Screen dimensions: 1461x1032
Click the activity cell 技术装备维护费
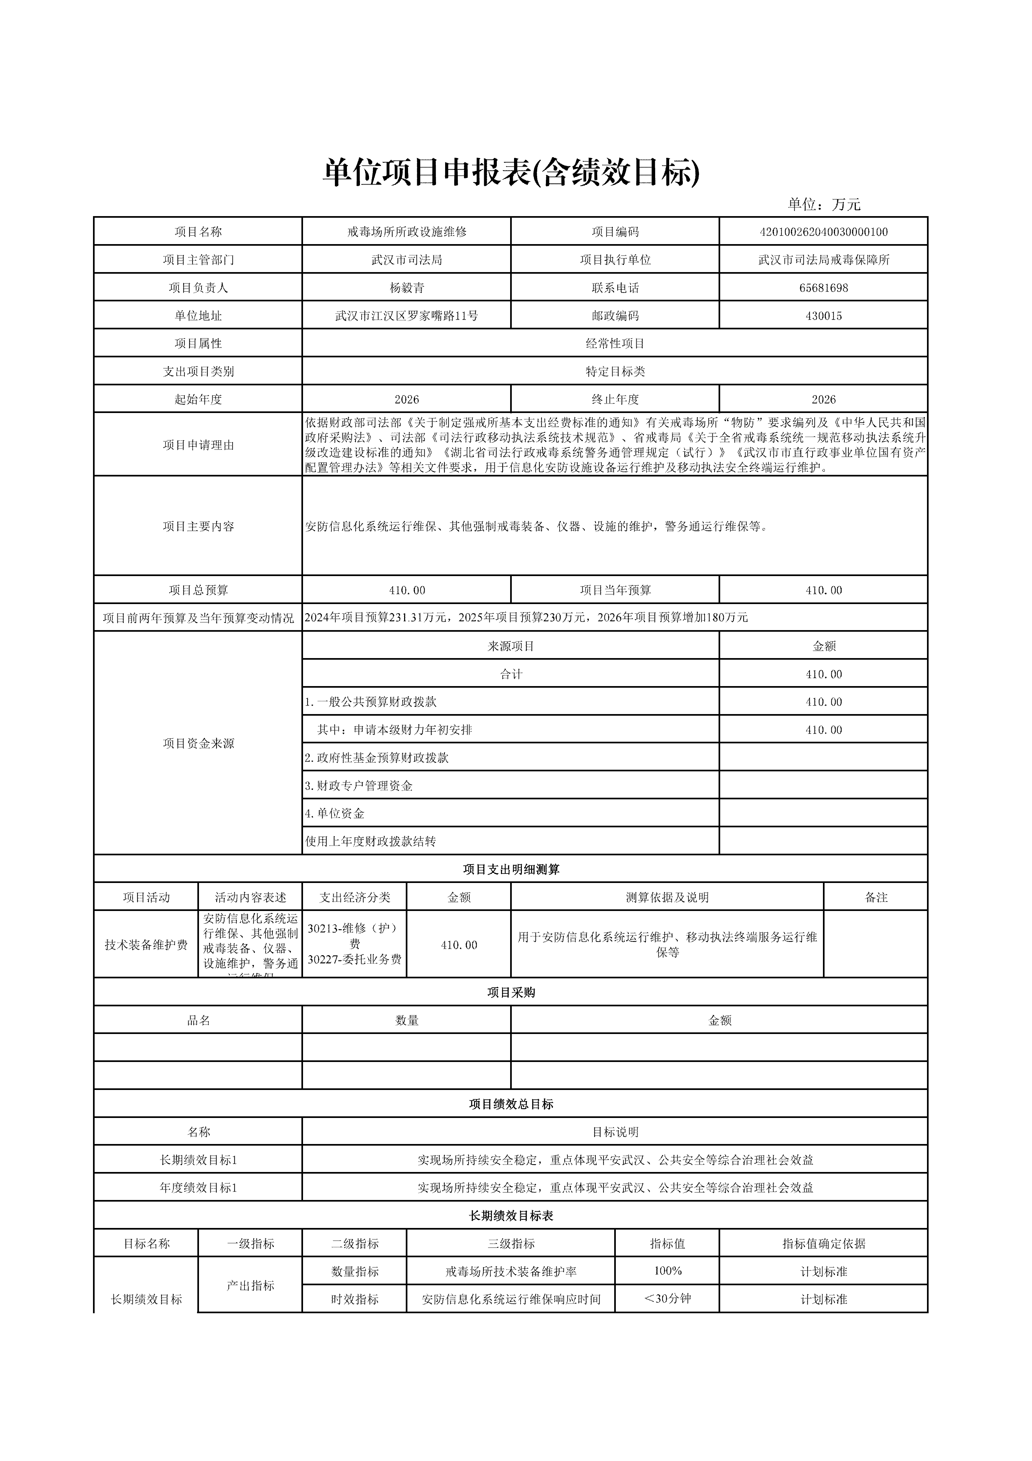click(x=146, y=945)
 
